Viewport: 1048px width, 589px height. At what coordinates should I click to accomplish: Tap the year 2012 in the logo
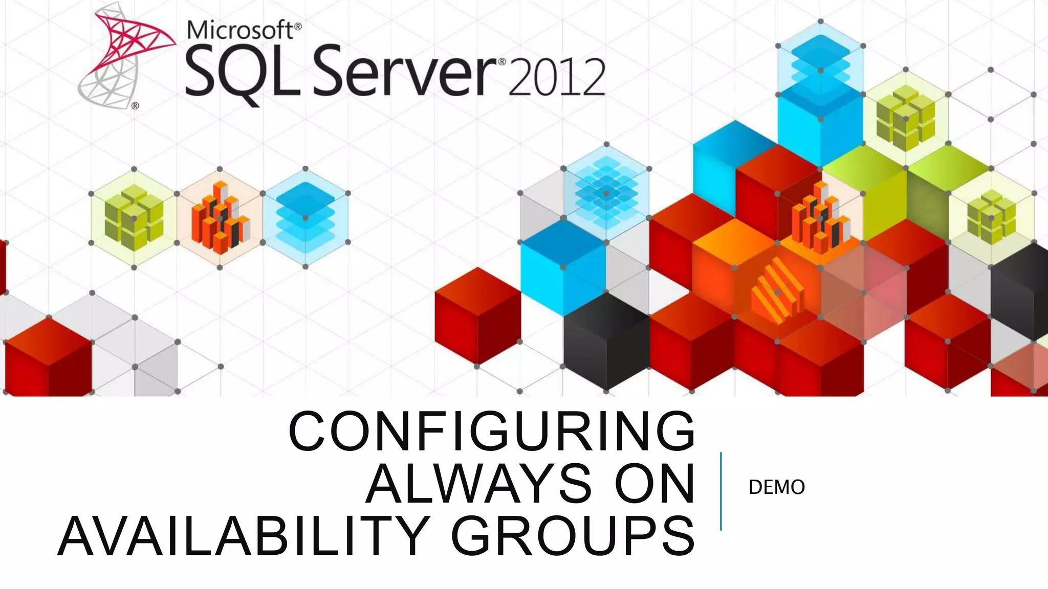[557, 78]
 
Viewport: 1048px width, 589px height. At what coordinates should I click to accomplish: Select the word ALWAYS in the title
[478, 483]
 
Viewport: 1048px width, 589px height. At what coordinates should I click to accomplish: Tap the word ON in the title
[655, 483]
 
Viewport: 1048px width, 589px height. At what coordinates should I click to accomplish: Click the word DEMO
[776, 487]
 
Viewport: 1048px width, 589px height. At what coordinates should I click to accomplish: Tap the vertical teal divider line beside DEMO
[720, 491]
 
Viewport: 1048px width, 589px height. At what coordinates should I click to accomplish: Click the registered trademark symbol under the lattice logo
[135, 106]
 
